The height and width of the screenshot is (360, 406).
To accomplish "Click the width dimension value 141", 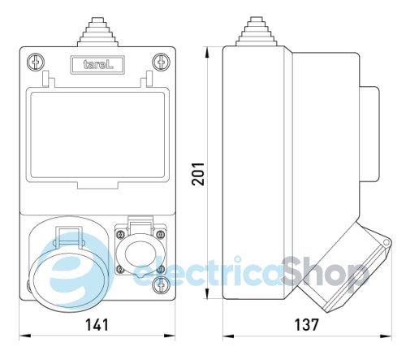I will pyautogui.click(x=97, y=325).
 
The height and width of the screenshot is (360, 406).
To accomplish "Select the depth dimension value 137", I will pyautogui.click(x=305, y=325).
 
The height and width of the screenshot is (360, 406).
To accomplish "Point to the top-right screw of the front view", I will pyautogui.click(x=161, y=61).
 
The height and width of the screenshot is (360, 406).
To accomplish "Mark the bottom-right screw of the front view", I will pyautogui.click(x=161, y=284).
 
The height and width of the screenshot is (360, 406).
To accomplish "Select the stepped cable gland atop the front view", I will pyautogui.click(x=98, y=30).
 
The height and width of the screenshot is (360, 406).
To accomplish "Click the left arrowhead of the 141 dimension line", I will pyautogui.click(x=21, y=336).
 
